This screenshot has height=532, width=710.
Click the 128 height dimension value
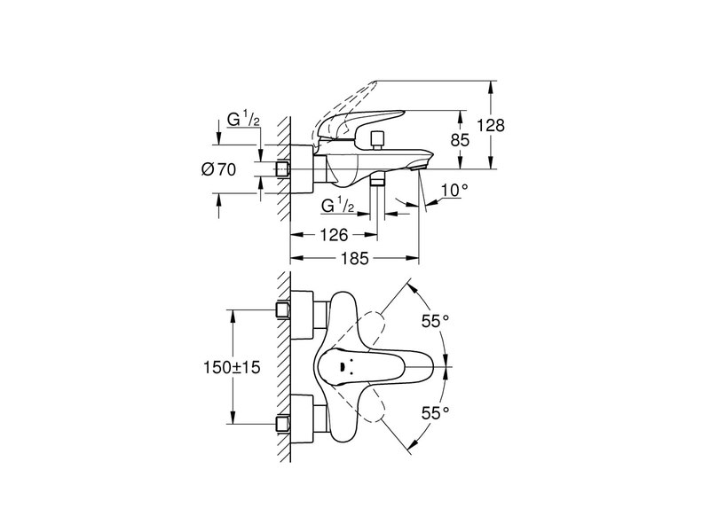point(491,126)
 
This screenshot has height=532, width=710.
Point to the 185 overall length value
point(352,259)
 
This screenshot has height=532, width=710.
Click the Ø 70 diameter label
point(218,170)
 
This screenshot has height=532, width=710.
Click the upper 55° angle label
point(436,323)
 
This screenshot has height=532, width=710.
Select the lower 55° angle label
point(436,411)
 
